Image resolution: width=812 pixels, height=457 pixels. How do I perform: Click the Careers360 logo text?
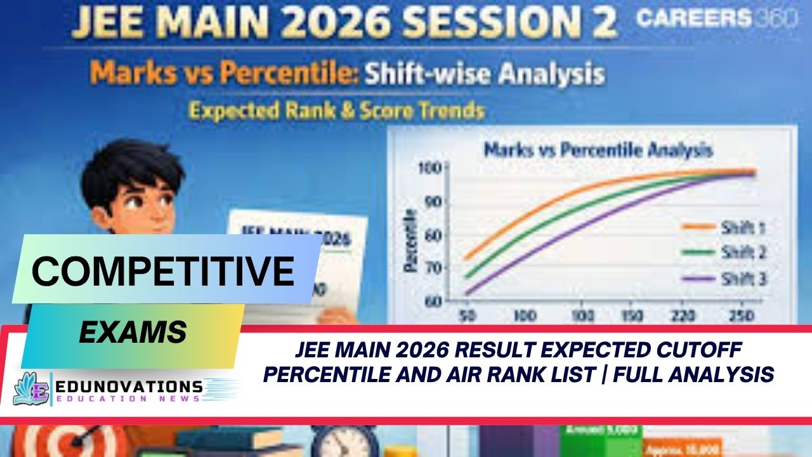pos(716,19)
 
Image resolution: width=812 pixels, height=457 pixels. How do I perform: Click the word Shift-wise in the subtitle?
pos(426,74)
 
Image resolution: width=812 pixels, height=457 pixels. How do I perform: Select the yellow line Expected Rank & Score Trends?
pos(337,110)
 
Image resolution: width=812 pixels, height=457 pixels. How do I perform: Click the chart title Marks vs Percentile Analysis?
pos(598,150)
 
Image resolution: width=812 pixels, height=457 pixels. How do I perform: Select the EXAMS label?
pos(133,331)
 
